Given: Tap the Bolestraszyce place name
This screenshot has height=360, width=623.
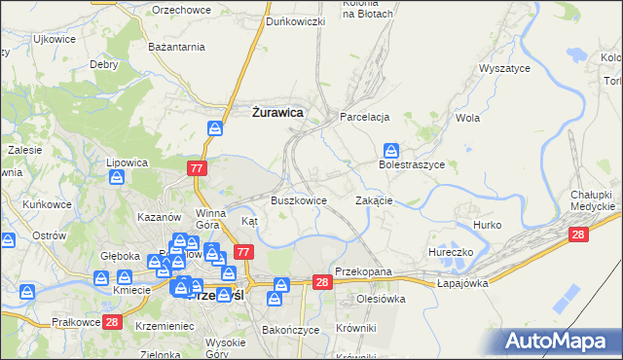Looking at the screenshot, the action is coord(411,165).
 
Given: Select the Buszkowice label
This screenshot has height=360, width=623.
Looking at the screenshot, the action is coord(298,199).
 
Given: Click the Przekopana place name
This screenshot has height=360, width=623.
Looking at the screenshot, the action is coord(362,273).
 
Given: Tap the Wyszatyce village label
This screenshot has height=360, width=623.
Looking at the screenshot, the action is coord(503,69).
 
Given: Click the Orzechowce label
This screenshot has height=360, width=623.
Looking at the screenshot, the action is coord(181,9).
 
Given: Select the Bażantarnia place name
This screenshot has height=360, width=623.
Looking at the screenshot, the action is coord(176,46).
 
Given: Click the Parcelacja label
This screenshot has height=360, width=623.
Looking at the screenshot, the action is coord(364,117).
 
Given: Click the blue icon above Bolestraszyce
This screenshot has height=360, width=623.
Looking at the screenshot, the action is coord(390,150).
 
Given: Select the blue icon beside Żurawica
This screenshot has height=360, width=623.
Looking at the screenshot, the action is coord(215,126).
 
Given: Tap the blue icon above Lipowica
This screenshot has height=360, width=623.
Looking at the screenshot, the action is coord(118,177).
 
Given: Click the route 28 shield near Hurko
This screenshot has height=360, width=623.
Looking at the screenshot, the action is coord(578,234).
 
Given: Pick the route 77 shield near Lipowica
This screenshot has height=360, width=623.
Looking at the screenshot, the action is coord(197,168).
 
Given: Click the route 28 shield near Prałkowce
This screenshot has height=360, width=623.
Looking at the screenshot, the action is coord(112,322).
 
